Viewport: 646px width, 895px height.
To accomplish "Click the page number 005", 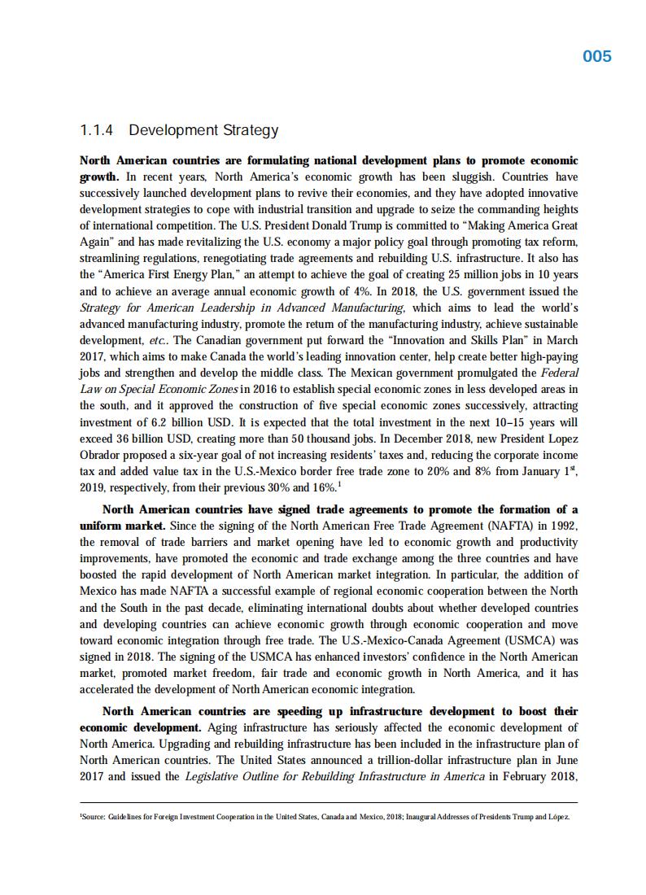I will [597, 56].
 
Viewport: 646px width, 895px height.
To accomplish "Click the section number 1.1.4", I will [98, 130].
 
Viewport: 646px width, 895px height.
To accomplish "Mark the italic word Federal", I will [558, 373].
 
